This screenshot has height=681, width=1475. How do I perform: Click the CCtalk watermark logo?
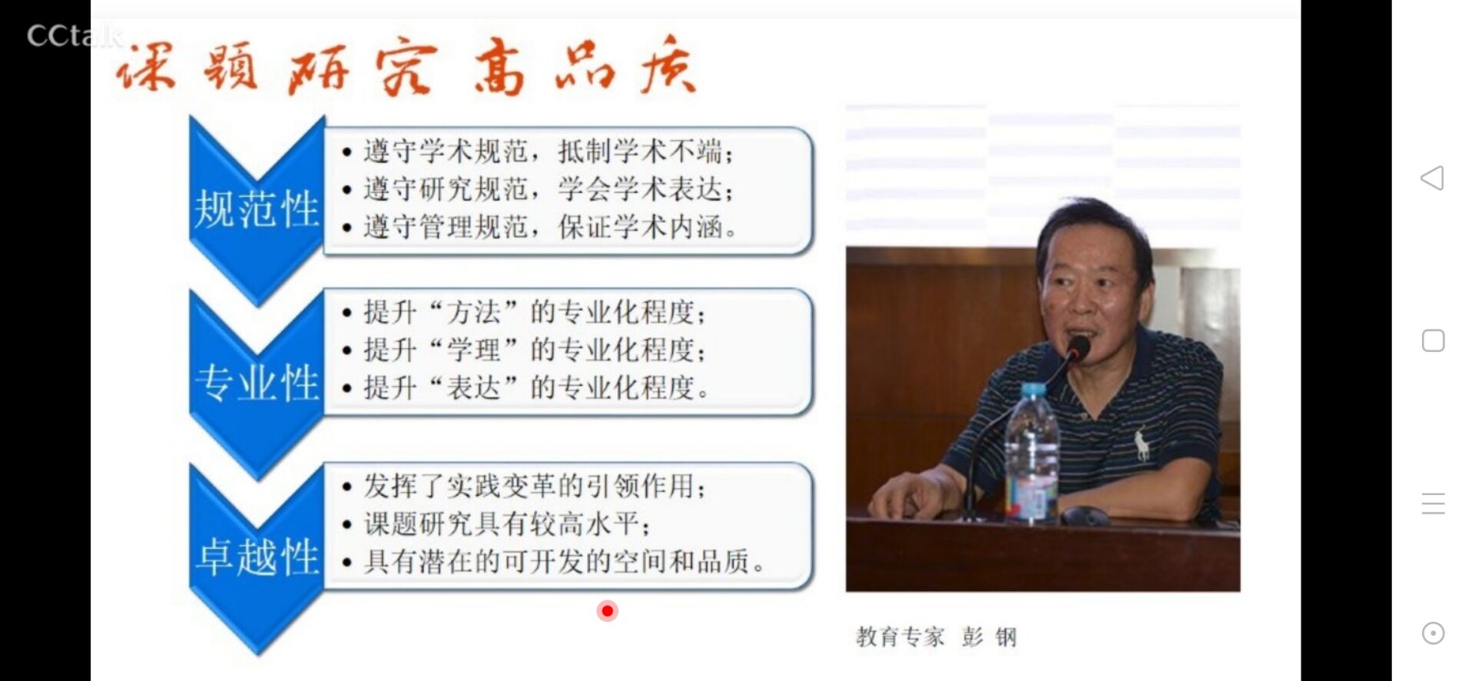[x=75, y=35]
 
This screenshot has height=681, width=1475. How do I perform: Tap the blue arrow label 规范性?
[x=257, y=208]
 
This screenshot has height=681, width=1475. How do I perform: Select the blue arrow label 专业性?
[x=257, y=382]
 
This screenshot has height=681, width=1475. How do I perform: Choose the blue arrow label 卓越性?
[x=257, y=556]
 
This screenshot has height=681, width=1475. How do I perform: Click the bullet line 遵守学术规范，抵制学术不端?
[x=548, y=151]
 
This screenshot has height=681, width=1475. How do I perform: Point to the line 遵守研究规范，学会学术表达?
[x=548, y=188]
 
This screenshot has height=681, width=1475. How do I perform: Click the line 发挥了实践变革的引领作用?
[x=535, y=486]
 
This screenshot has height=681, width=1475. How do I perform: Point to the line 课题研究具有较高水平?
[x=507, y=523]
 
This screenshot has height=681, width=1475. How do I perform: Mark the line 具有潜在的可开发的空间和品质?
[x=564, y=561]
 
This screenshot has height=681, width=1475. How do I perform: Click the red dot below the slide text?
[x=608, y=611]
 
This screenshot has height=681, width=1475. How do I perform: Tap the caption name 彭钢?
[x=989, y=636]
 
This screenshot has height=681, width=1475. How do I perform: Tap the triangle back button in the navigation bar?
[x=1432, y=178]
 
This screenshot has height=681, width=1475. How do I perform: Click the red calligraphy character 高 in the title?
[x=499, y=68]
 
